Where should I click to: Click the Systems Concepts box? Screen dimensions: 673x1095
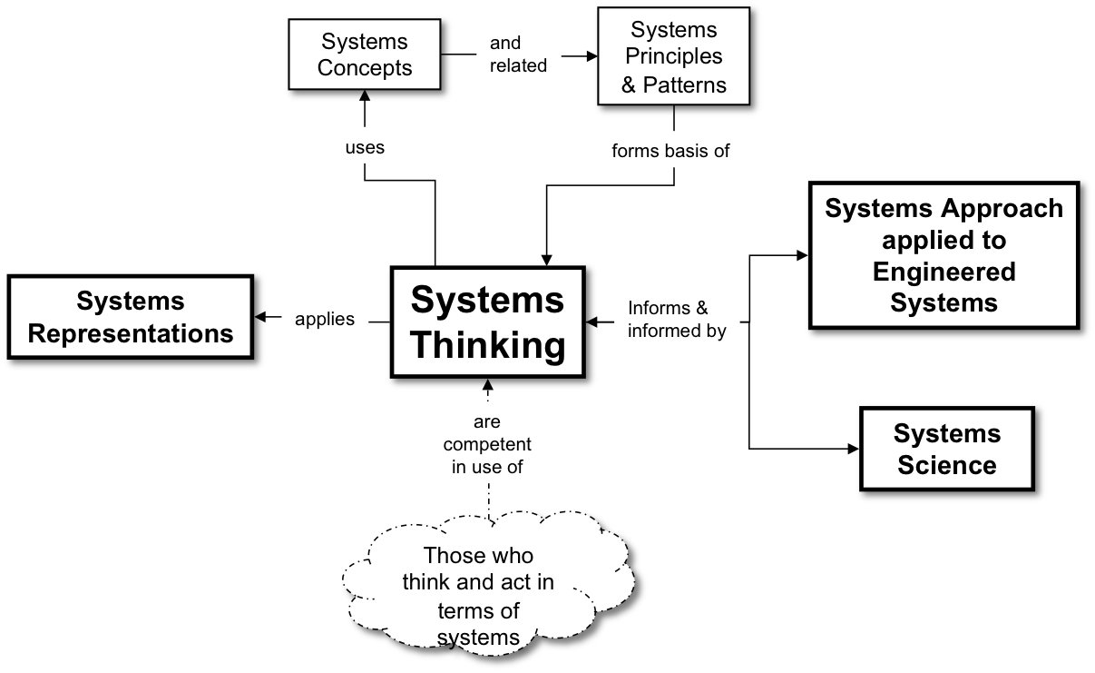click(x=364, y=55)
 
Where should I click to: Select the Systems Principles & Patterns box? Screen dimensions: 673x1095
click(x=674, y=58)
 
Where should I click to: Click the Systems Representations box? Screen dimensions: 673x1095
click(x=131, y=318)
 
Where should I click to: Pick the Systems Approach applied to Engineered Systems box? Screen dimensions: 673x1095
click(x=943, y=256)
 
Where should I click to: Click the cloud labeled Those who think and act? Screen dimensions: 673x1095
click(x=479, y=595)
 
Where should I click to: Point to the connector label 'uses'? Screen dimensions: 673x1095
click(x=365, y=147)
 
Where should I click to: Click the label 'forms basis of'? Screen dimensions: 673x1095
click(x=670, y=151)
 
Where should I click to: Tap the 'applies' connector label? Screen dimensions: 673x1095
click(x=325, y=320)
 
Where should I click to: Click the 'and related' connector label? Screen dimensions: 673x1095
click(x=518, y=54)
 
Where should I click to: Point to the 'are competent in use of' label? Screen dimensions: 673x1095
click(x=487, y=445)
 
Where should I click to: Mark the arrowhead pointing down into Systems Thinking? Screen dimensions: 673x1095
click(x=546, y=257)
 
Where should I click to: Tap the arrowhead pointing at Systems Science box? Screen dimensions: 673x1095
click(x=850, y=449)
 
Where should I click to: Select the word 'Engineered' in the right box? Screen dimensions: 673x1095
click(x=943, y=272)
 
